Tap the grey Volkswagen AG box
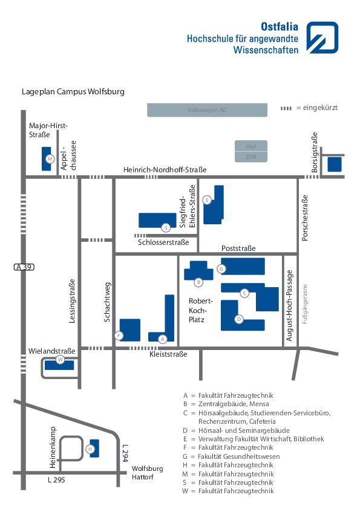tap(207, 110)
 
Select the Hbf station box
tap(251, 146)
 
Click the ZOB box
tap(251, 157)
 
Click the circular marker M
tap(50, 159)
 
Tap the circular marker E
tap(207, 199)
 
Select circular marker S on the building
tap(165, 228)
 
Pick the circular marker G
tap(221, 268)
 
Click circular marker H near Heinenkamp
tap(90, 449)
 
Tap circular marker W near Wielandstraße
tap(60, 360)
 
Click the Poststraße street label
tap(238, 248)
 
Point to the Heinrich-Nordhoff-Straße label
tap(165, 170)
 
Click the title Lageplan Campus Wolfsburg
tap(73, 92)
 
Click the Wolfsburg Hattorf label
tap(147, 473)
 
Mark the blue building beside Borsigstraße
tap(334, 164)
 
